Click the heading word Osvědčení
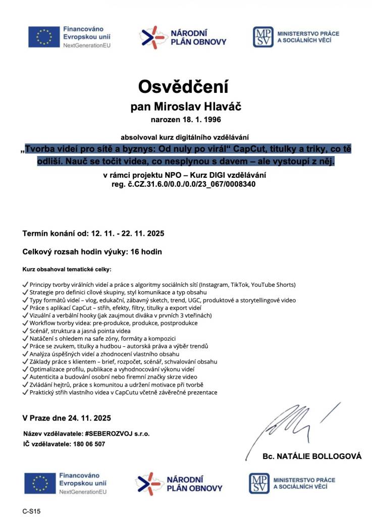183,86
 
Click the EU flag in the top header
43,37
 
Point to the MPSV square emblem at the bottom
259,483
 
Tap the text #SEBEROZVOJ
107,434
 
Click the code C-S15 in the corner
31,511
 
